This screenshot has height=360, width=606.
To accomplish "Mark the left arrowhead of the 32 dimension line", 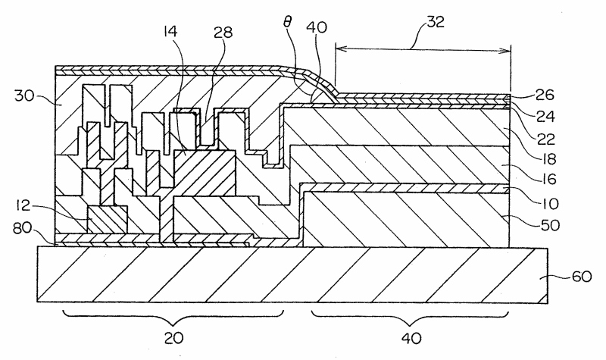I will click(x=338, y=49).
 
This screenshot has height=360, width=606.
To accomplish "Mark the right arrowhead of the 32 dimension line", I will click(x=507, y=49).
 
